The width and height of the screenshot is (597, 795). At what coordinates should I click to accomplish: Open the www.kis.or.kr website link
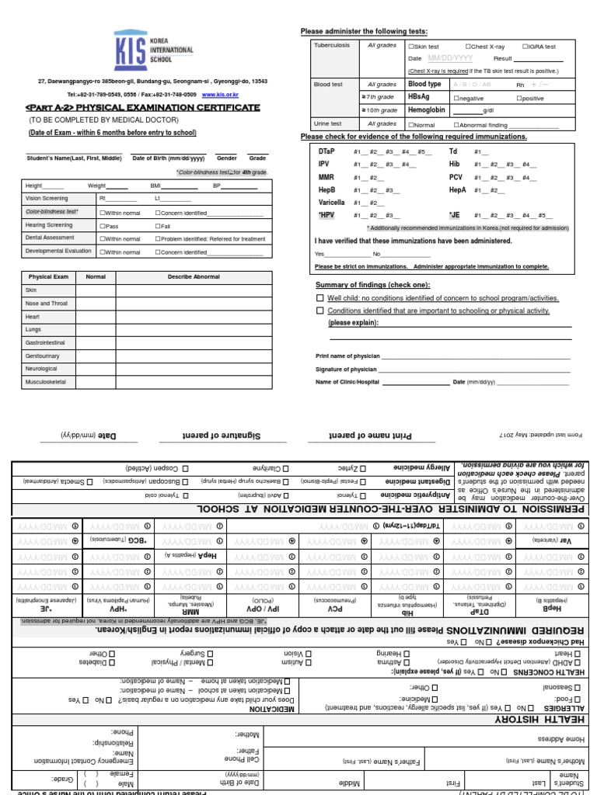coord(220,94)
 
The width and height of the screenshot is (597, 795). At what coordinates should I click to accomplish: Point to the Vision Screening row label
coord(47,199)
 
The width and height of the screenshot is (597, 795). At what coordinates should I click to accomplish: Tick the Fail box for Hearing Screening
coord(158,225)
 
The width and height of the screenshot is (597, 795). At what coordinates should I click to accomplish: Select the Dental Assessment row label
coord(51,238)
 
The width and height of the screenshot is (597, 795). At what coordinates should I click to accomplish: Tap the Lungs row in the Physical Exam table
coord(33,329)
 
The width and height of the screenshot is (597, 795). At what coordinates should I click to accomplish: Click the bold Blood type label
coord(424,85)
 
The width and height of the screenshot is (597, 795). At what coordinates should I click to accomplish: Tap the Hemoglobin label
coord(427,111)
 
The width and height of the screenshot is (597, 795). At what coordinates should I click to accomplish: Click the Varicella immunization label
coord(331,202)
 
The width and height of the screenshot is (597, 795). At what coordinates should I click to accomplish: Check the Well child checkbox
coord(319,297)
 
